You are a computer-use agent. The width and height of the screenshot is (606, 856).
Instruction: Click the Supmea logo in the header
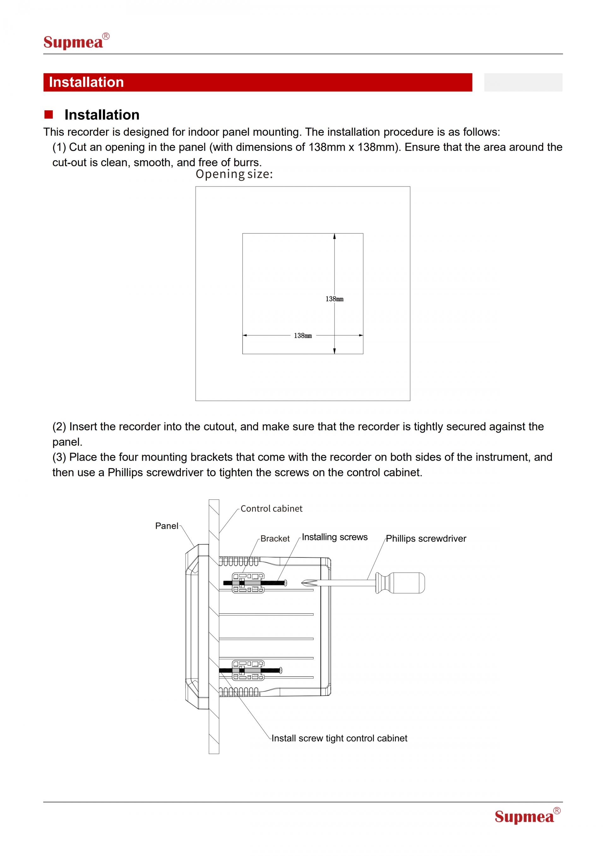coord(76,41)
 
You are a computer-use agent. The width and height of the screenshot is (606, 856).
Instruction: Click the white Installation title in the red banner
coord(86,82)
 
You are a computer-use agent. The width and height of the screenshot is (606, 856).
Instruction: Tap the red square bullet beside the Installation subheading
coord(49,114)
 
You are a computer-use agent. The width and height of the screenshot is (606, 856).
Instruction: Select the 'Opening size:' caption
coord(234,174)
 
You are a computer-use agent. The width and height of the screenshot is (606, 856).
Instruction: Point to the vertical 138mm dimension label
coord(334,299)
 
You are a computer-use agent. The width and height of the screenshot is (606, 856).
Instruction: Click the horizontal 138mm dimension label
coord(303,335)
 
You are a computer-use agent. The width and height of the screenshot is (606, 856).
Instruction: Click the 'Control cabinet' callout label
coord(271,509)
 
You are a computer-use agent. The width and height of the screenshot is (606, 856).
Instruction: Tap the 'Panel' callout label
coord(166,526)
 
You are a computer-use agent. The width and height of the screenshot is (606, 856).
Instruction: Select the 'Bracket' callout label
coord(275,539)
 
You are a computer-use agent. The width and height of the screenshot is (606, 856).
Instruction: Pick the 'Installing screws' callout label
coord(334,537)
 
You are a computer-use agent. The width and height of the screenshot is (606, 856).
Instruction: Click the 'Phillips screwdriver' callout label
coord(426,539)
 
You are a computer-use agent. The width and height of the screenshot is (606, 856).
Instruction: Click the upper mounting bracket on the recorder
coord(248,583)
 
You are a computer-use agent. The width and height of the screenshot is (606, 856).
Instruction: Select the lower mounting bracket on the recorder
coord(248,670)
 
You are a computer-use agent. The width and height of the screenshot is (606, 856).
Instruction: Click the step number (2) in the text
coord(59,427)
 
